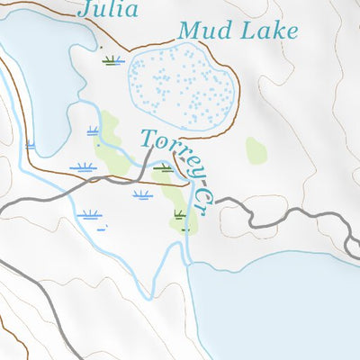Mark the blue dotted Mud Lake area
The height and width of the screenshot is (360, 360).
click(184, 85)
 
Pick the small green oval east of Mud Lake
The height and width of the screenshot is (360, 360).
click(256, 149)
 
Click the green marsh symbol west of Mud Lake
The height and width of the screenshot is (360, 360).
click(111, 60)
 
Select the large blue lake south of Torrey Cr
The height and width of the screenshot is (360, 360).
click(270, 306)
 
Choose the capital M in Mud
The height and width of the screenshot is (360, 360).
click(189, 31)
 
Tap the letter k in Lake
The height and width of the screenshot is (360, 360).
click(274, 31)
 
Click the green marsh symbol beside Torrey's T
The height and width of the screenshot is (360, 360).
click(163, 166)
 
